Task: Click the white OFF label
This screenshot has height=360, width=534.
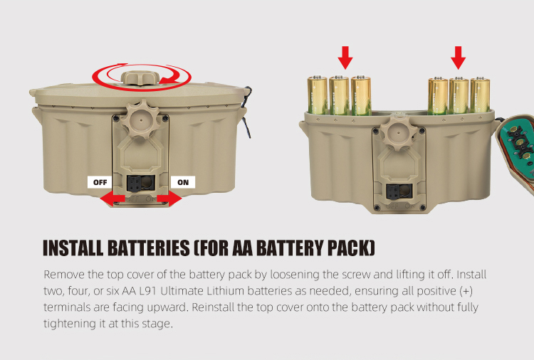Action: click(100, 182)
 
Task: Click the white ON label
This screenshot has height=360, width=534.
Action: click(183, 182)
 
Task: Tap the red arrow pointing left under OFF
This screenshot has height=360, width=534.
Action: click(112, 198)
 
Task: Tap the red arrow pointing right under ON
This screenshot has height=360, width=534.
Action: click(169, 198)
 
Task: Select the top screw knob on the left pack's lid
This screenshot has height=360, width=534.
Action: click(140, 78)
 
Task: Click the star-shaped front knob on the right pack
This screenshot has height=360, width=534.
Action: click(398, 132)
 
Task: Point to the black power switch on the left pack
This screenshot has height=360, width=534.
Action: click(134, 184)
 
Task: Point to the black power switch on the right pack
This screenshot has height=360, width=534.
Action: click(392, 192)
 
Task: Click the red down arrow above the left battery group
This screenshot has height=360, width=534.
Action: click(345, 58)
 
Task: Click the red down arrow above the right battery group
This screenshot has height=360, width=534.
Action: click(459, 58)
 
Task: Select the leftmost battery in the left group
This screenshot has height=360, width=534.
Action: click(318, 95)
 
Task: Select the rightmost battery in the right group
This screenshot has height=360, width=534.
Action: click(480, 95)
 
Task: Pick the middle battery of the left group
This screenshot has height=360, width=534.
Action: click(339, 95)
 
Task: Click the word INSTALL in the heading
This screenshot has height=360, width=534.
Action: click(73, 248)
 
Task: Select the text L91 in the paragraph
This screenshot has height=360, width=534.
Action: click(148, 291)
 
